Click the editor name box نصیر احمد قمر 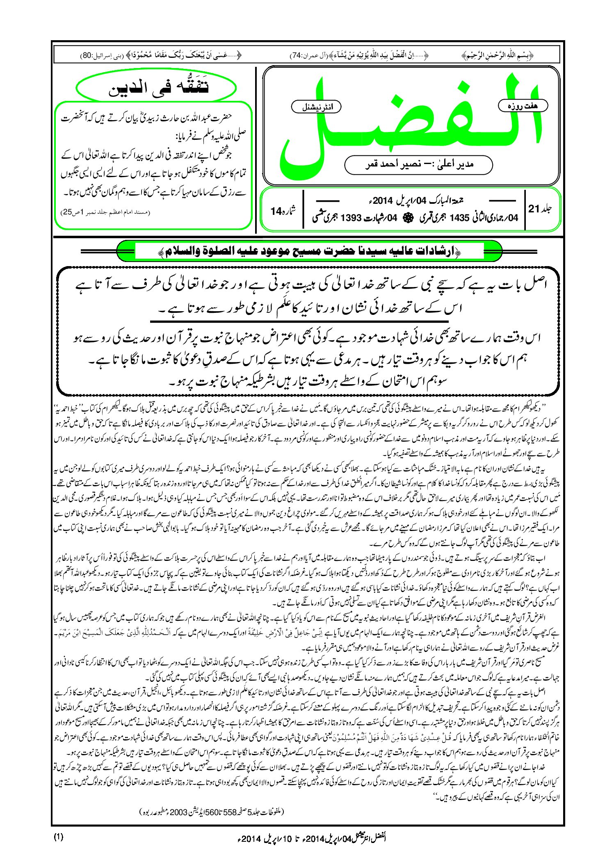[x=418, y=164]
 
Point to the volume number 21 [x=534, y=209]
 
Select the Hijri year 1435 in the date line [x=459, y=218]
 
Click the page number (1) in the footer [x=58, y=837]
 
